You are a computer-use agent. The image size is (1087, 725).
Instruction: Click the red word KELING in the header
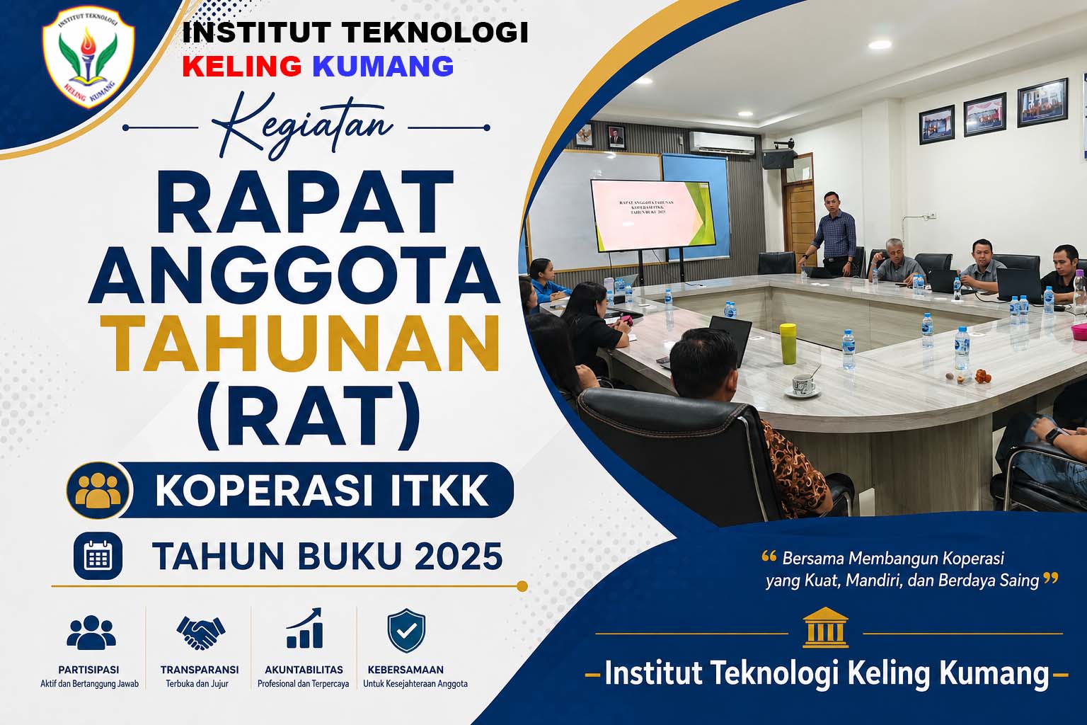pyautogui.click(x=242, y=66)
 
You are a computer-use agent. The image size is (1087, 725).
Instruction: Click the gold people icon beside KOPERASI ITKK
pyautogui.click(x=98, y=490)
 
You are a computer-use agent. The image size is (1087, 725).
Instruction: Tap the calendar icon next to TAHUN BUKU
pyautogui.click(x=98, y=556)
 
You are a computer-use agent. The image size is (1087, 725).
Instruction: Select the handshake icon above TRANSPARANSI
pyautogui.click(x=201, y=632)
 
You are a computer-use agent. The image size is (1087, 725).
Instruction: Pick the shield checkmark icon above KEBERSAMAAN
pyautogui.click(x=406, y=630)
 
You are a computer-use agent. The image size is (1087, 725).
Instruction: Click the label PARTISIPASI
pyautogui.click(x=88, y=670)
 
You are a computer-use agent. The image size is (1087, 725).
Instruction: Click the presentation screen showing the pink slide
pyautogui.click(x=652, y=216)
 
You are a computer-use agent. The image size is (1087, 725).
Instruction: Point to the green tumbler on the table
pyautogui.click(x=788, y=343)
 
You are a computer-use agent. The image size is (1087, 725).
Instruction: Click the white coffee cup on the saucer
pyautogui.click(x=803, y=384)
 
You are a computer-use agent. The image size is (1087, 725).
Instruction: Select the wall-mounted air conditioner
pyautogui.click(x=722, y=143)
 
